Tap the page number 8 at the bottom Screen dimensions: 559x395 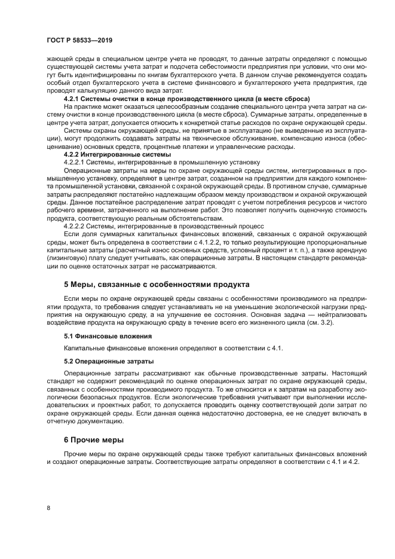(47, 508)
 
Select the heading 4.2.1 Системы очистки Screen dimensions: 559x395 (186, 97)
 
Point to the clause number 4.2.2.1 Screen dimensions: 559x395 (75, 161)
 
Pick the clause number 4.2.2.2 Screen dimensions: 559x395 (75, 227)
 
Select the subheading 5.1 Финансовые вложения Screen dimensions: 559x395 (108, 336)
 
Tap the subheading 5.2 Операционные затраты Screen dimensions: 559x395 (109, 361)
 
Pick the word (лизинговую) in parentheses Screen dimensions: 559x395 (68, 258)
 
